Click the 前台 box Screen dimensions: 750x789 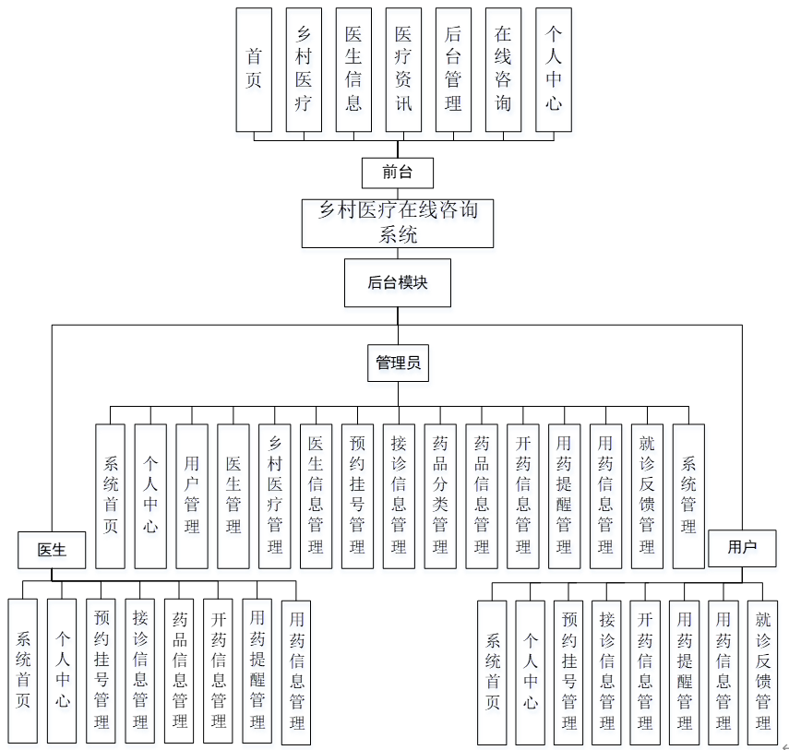pyautogui.click(x=397, y=172)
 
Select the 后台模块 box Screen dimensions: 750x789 pyautogui.click(x=398, y=282)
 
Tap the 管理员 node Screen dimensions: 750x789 pyautogui.click(x=398, y=363)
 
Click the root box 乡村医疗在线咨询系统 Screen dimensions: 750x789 pyautogui.click(x=398, y=222)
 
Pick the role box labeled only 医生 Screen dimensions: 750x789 pyautogui.click(x=52, y=550)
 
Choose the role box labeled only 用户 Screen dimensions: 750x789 pyautogui.click(x=742, y=547)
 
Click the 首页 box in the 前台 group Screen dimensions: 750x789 pyautogui.click(x=254, y=69)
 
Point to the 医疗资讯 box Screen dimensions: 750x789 pyautogui.click(x=403, y=69)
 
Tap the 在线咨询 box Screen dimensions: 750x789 pyautogui.click(x=503, y=69)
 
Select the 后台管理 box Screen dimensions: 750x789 pyautogui.click(x=453, y=69)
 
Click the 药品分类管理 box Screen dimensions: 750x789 pyautogui.click(x=440, y=495)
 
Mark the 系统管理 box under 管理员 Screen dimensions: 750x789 pyautogui.click(x=688, y=495)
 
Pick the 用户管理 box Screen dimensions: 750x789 pyautogui.click(x=192, y=495)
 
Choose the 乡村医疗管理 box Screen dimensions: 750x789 pyautogui.click(x=274, y=495)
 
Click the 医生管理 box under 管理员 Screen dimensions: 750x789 pyautogui.click(x=233, y=495)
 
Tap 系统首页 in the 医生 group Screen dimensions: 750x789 pyautogui.click(x=22, y=670)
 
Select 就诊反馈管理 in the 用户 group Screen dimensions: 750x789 pyautogui.click(x=762, y=672)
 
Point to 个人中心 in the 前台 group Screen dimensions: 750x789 pyautogui.click(x=553, y=69)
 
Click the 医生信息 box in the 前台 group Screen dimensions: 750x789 pyautogui.click(x=353, y=69)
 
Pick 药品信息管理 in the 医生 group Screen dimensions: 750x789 pyautogui.click(x=180, y=670)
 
